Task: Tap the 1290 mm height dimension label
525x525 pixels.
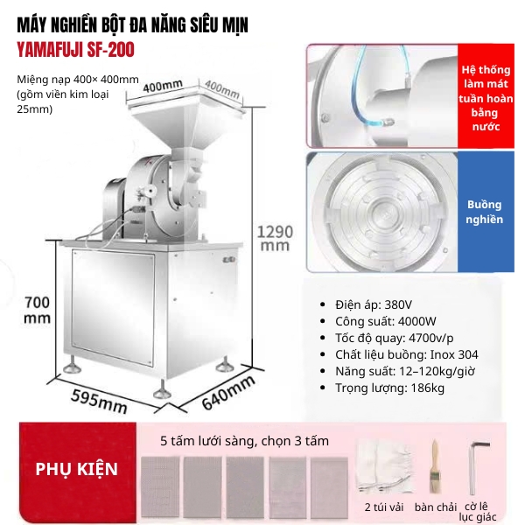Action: click(273, 238)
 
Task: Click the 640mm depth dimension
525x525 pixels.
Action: click(229, 392)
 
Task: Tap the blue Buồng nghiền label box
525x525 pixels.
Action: click(485, 210)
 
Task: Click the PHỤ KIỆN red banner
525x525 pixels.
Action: click(76, 469)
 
